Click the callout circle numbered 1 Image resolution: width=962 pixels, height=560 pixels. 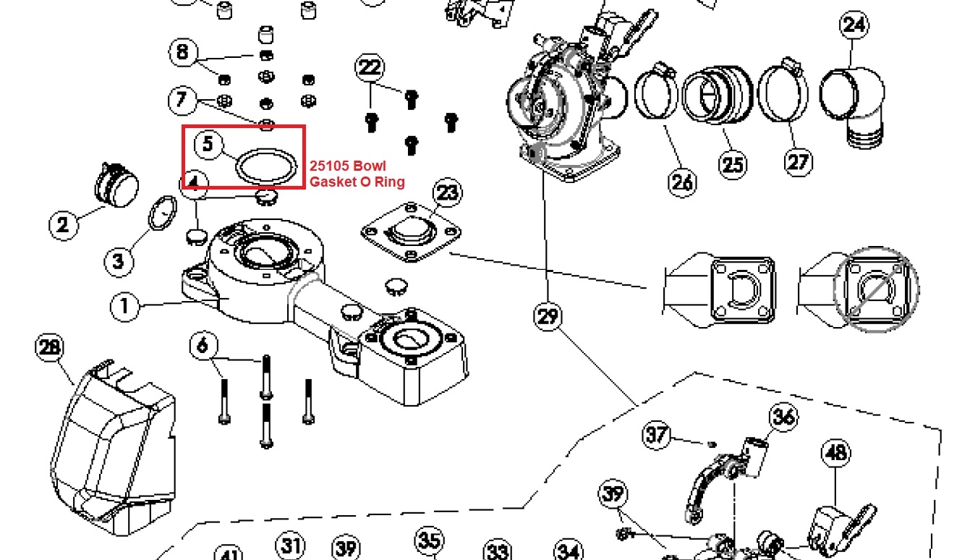124,306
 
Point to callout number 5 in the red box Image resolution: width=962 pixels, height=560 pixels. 208,144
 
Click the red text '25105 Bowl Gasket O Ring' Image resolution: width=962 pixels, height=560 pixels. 357,174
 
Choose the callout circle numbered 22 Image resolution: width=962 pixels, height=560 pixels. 370,68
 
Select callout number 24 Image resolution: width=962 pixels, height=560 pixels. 854,25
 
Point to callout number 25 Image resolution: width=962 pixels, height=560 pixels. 733,164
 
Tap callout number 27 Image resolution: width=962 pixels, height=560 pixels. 798,161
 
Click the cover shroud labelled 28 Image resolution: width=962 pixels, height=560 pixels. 116,441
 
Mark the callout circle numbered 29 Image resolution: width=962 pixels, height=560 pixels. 548,316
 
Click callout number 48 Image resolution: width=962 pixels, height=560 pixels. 835,453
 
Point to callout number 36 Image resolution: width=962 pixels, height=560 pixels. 783,417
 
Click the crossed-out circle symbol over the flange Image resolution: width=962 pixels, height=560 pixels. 875,288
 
